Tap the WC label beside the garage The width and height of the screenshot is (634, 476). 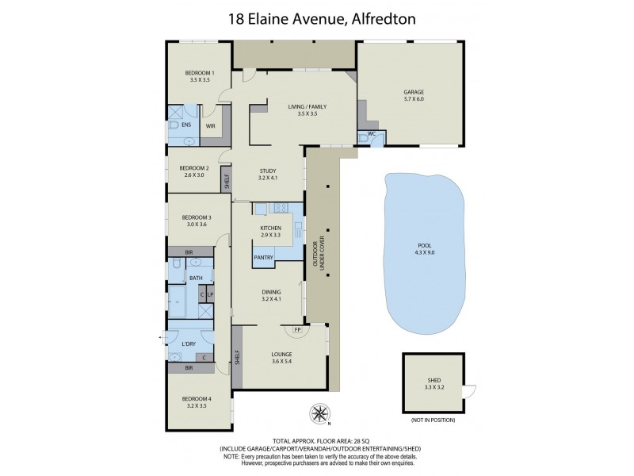pos(371,134)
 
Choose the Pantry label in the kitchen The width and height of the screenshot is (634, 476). pos(264,257)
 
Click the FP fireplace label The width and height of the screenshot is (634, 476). pos(297,329)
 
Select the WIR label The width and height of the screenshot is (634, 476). pos(211,125)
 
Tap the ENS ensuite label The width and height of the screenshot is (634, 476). pos(185,125)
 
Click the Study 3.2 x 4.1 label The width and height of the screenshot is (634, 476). pos(270,175)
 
